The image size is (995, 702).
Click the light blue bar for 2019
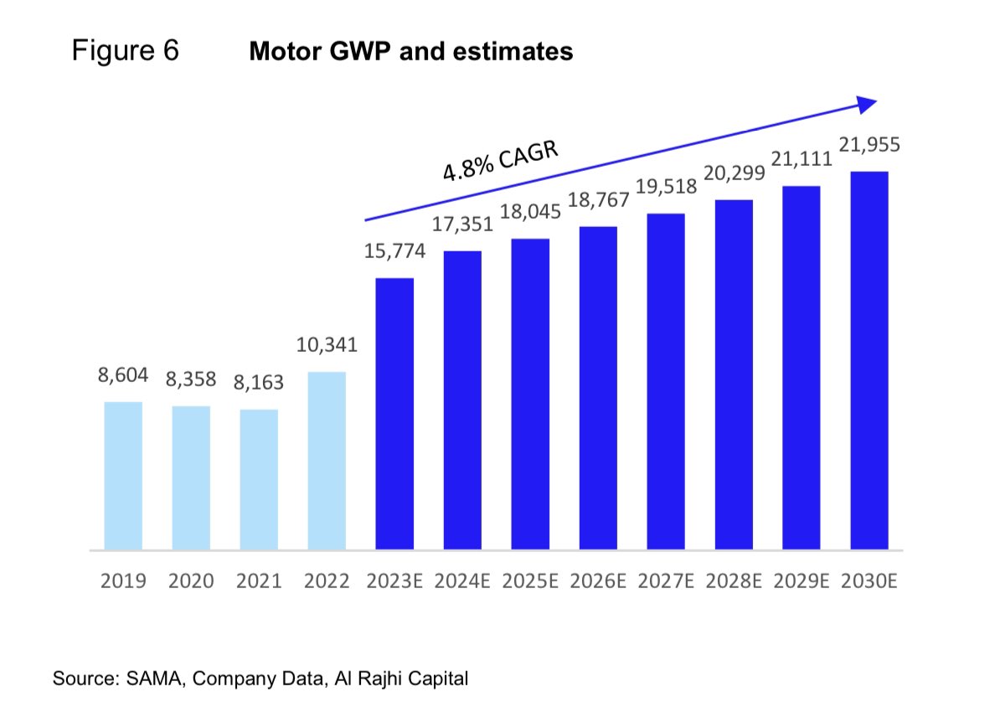(123, 476)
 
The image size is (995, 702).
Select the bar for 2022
(327, 461)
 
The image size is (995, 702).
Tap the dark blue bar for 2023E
(394, 414)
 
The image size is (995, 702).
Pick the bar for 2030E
(869, 361)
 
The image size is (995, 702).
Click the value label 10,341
(327, 345)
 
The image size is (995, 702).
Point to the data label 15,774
(394, 250)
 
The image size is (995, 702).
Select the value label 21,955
(869, 145)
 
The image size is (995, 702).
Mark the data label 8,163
(259, 383)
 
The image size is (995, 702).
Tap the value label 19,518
(666, 187)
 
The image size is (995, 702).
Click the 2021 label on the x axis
(259, 581)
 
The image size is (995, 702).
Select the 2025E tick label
(530, 581)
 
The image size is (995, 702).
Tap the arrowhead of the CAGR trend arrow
(867, 104)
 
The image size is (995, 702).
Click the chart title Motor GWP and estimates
(410, 52)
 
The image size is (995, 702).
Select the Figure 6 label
(126, 52)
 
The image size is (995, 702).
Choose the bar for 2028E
(734, 374)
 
